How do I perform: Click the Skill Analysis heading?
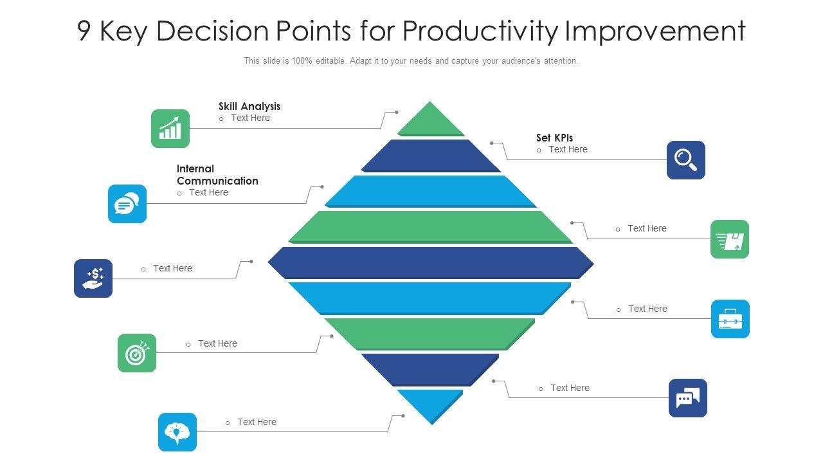click(x=249, y=107)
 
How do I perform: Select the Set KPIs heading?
click(x=554, y=138)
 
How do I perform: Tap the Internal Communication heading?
click(x=217, y=175)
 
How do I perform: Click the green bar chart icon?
click(x=170, y=129)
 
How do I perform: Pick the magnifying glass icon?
click(x=686, y=160)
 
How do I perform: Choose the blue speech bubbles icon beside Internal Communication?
click(x=127, y=204)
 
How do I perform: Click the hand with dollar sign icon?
click(x=93, y=278)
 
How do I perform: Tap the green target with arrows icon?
click(x=137, y=353)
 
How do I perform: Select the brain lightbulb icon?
click(x=177, y=432)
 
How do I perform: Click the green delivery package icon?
click(x=730, y=239)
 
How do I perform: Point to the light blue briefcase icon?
click(x=730, y=319)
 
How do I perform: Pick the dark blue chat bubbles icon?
click(x=688, y=398)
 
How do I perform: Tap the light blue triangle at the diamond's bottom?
click(x=431, y=403)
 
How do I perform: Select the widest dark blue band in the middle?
click(x=431, y=263)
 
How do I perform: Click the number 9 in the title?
click(x=84, y=31)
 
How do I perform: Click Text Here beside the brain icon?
click(x=257, y=422)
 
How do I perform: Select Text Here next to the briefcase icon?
click(x=647, y=309)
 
